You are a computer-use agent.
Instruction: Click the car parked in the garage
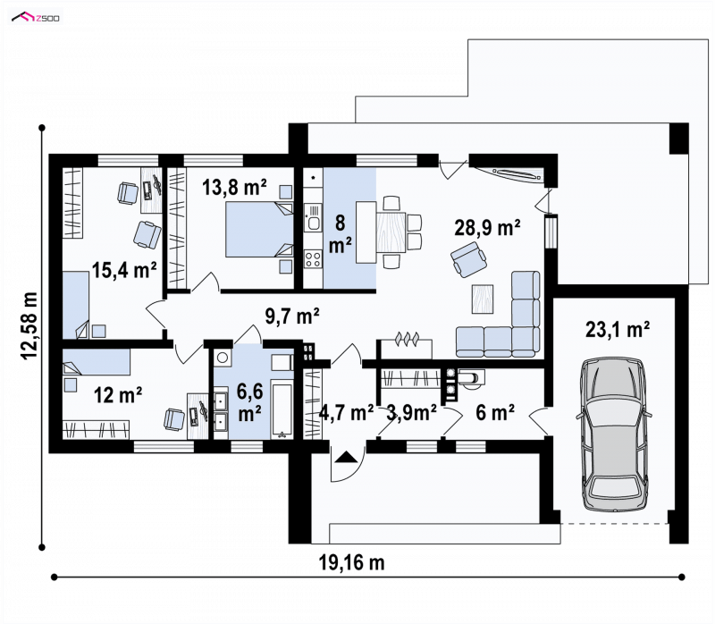pos(614,433)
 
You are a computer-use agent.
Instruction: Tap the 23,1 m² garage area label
pos(618,329)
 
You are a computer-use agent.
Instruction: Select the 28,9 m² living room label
pos(487,227)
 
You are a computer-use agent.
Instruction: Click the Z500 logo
pos(36,18)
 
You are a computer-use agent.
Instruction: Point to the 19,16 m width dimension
pos(351,562)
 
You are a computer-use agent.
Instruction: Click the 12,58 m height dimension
pos(29,325)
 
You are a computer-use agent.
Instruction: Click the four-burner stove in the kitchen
pos(313,259)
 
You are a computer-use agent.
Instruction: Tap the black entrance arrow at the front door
pos(346,457)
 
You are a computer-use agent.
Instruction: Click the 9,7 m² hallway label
pos(292,316)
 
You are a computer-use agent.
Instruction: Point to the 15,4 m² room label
pos(124,270)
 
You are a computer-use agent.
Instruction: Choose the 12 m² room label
pos(118,395)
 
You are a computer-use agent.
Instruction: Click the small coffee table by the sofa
pos(483,299)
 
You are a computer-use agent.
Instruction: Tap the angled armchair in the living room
pos(468,259)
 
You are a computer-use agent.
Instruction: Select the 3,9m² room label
pos(411,412)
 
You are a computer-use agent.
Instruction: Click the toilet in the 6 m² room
pos(471,378)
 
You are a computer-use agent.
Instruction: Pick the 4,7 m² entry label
pos(347,412)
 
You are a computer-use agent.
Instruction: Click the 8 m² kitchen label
pos(341,234)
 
